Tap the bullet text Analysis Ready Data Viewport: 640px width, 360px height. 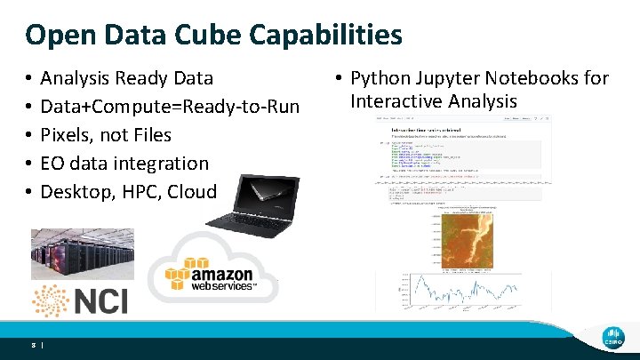pos(127,78)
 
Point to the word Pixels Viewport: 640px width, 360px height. pos(68,135)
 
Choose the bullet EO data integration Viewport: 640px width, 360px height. pos(124,164)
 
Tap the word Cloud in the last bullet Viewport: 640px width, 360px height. pos(191,192)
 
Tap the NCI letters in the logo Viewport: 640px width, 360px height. pos(100,300)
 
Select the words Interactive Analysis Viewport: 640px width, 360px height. pos(434,100)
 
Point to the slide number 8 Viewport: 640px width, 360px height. pos(32,343)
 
